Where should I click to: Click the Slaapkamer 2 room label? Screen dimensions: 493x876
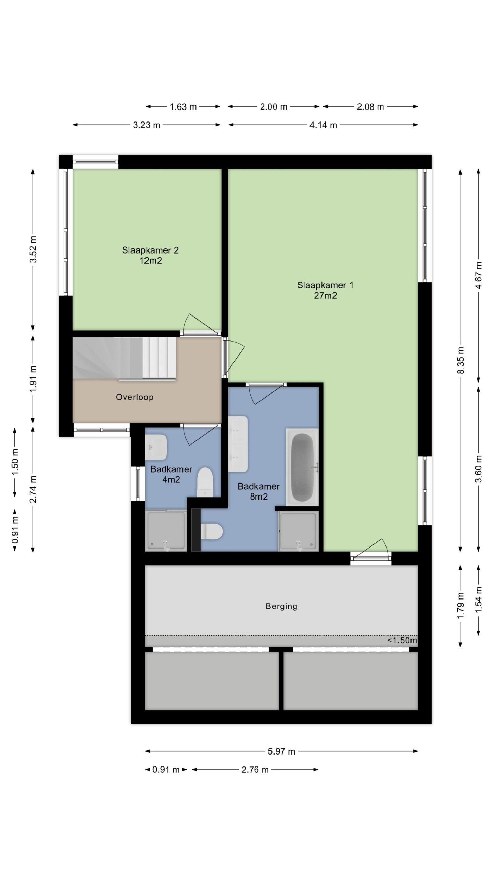(x=150, y=255)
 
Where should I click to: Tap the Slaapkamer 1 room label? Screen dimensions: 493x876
(x=325, y=290)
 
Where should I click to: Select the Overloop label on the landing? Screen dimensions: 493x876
(x=135, y=397)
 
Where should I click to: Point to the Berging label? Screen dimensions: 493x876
(x=281, y=606)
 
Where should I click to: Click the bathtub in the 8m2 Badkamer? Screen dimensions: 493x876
(x=302, y=467)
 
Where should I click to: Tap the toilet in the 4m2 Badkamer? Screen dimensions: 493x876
(x=205, y=482)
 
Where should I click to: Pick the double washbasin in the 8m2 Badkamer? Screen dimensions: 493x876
(x=238, y=444)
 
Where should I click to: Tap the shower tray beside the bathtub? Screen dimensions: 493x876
(x=299, y=531)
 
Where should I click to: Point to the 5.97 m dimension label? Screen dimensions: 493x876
(x=281, y=751)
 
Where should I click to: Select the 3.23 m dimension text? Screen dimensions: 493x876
(x=147, y=125)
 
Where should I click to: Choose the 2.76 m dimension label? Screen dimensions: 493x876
(x=255, y=770)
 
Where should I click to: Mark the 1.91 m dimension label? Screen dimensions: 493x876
(x=33, y=379)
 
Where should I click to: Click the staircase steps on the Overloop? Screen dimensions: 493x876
(x=125, y=358)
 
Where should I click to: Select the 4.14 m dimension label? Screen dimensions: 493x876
(x=323, y=125)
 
